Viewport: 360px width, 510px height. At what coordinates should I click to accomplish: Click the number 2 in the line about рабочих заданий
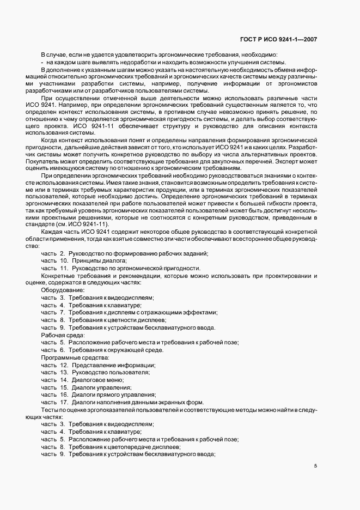click(63, 253)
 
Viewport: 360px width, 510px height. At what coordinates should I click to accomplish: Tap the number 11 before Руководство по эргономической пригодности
click(63, 268)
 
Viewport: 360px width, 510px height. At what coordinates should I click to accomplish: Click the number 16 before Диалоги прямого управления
click(63, 394)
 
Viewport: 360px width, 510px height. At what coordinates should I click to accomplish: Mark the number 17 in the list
click(63, 402)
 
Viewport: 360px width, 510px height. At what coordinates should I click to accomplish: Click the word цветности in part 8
click(118, 320)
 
